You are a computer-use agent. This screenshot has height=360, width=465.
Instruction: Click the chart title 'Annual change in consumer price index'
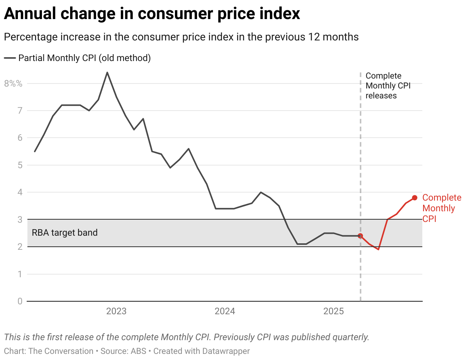tap(152, 14)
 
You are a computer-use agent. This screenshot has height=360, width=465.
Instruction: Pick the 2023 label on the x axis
tap(116, 311)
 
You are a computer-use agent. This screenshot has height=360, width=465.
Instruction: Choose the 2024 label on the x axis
tap(225, 311)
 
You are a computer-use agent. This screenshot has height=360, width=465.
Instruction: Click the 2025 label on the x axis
tap(334, 311)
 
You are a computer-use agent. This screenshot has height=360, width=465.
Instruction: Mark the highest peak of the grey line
tap(107, 72)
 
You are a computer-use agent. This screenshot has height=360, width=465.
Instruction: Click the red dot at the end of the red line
tap(415, 198)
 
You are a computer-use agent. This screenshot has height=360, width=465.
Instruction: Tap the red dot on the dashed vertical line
tap(360, 236)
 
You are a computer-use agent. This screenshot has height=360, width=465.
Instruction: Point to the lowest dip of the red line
tap(378, 249)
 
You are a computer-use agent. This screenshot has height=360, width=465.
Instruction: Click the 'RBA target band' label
tap(64, 233)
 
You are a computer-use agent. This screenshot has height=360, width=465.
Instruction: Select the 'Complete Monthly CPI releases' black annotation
tap(388, 86)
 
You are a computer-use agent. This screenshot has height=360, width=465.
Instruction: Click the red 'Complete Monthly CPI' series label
tap(441, 208)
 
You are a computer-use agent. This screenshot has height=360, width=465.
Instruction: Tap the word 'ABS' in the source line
tap(138, 351)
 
